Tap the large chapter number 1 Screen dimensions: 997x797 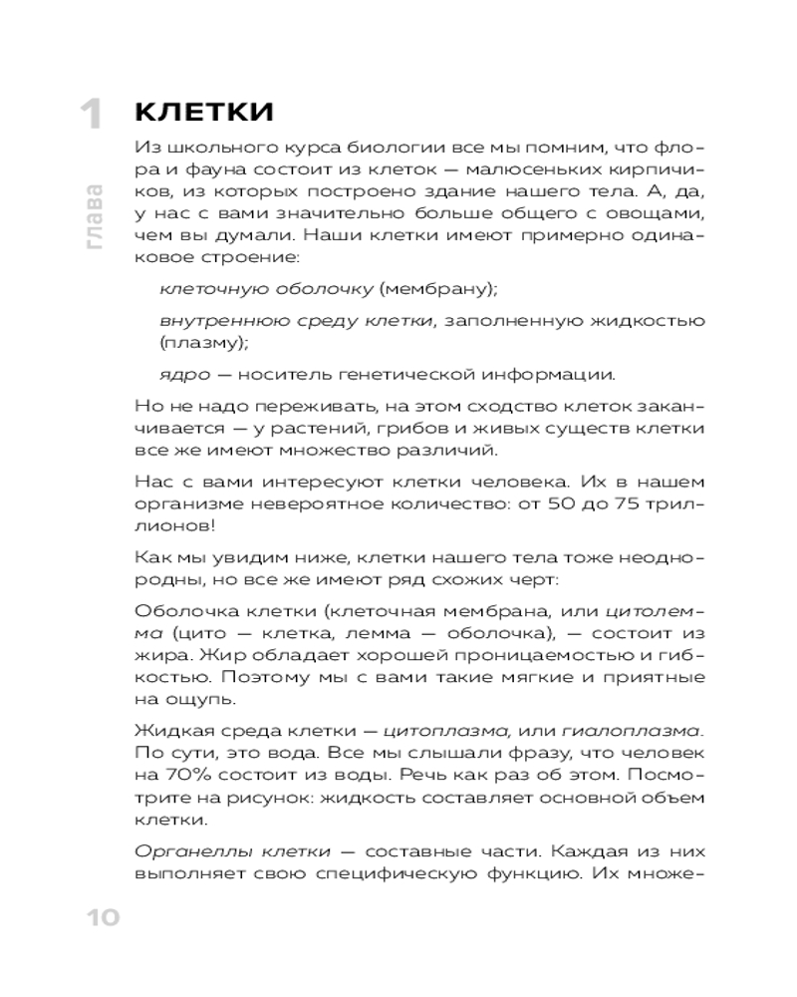point(92,116)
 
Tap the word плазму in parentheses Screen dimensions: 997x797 point(203,342)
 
